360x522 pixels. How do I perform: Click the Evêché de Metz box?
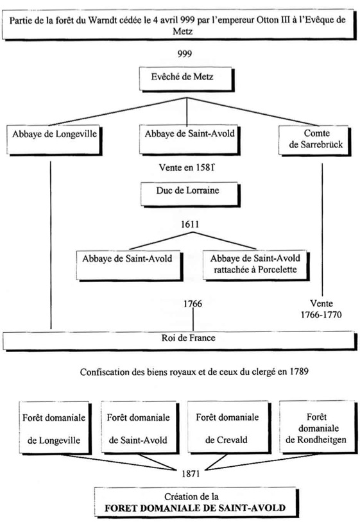(187, 79)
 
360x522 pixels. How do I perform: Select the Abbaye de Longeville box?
(55, 140)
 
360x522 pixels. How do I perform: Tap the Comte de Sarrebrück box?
(314, 140)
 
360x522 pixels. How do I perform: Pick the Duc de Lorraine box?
(190, 194)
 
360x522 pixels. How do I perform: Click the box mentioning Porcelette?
(256, 265)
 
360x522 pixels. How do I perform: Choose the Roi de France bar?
(180, 341)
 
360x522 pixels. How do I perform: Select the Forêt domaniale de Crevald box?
(229, 428)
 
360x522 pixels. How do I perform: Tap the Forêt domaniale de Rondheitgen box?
(318, 428)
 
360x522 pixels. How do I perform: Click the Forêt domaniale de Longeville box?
(55, 428)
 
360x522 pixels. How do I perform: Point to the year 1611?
(190, 224)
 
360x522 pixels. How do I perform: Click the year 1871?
(191, 473)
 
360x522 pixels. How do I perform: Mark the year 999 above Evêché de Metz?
(185, 54)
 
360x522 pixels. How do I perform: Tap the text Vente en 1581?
(186, 167)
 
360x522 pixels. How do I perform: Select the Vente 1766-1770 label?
(321, 309)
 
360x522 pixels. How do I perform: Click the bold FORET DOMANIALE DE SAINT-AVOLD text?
(195, 508)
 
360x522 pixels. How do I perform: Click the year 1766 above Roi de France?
(193, 303)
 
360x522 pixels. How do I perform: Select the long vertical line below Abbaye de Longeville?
(51, 245)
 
